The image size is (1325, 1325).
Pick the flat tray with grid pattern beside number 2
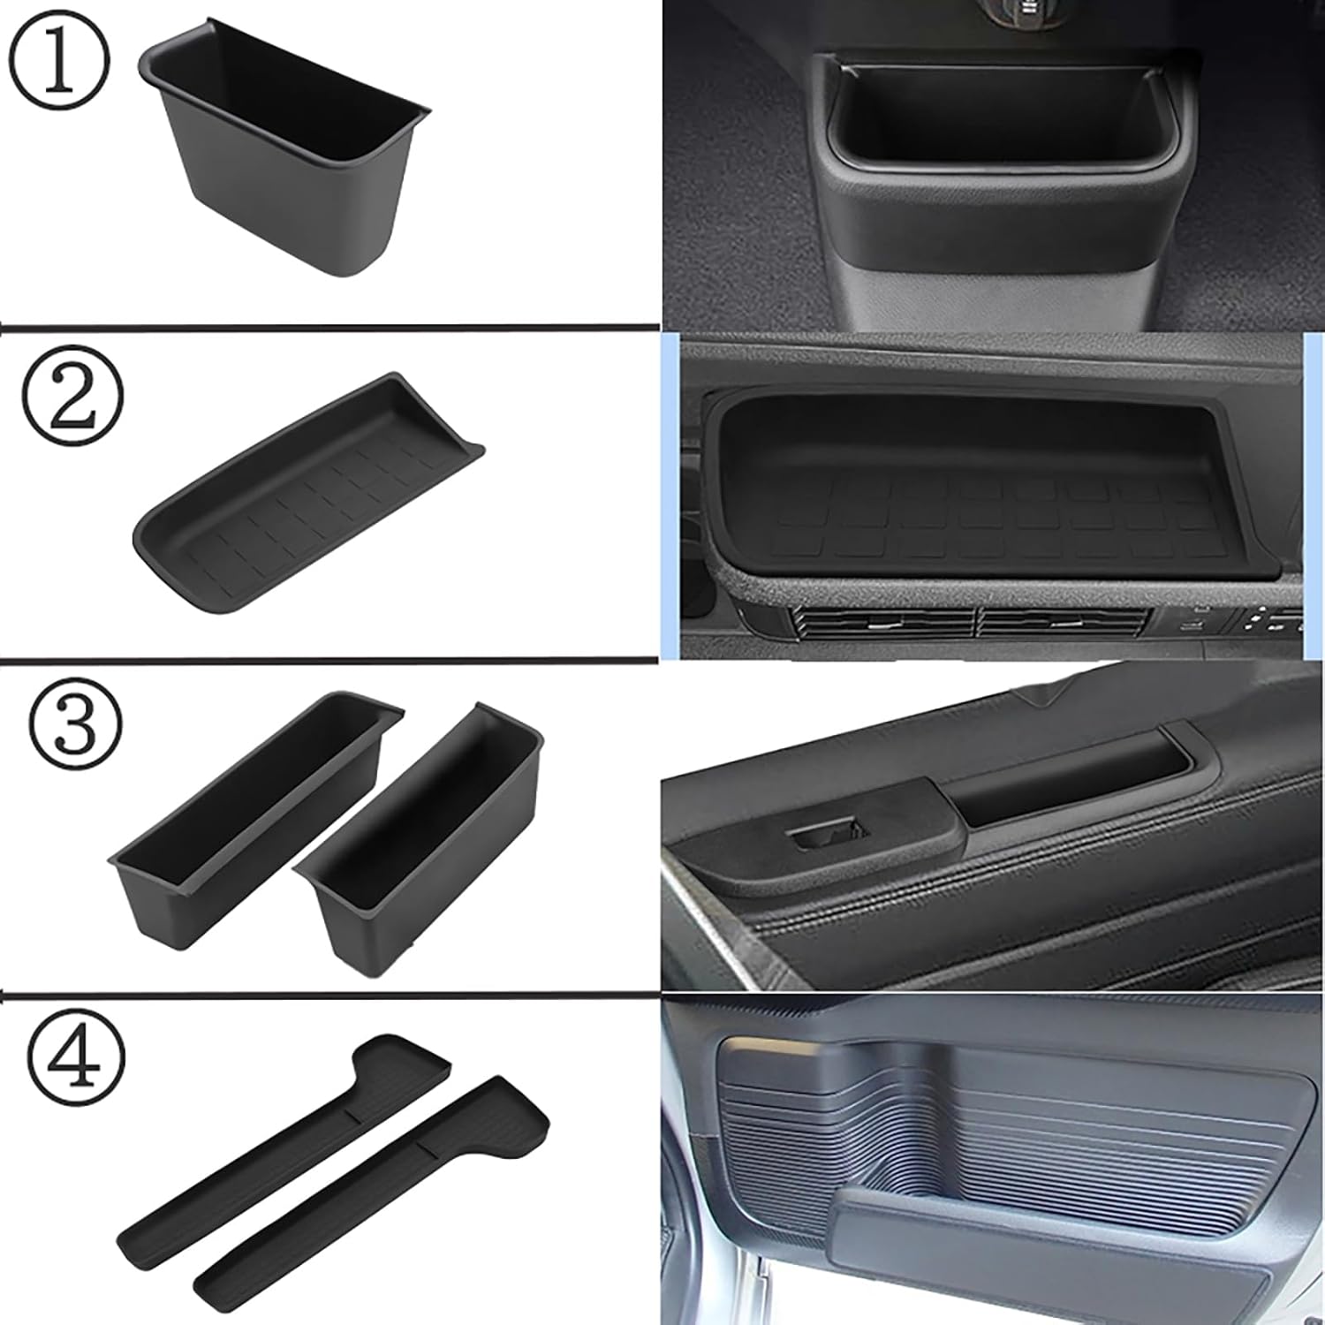point(309,495)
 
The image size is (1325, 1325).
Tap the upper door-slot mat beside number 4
point(291,1139)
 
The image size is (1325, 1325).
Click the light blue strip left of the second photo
point(670,495)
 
